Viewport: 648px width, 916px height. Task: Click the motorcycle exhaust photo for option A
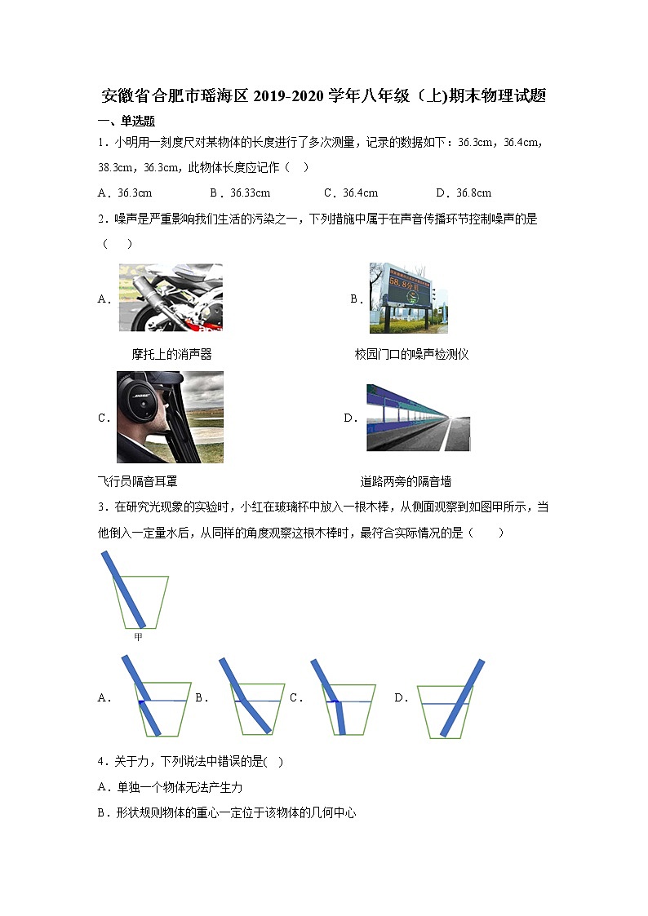tap(170, 298)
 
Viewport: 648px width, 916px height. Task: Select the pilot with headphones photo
tap(170, 417)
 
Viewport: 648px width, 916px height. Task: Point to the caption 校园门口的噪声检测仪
tap(411, 354)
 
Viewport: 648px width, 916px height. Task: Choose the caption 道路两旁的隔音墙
tap(406, 481)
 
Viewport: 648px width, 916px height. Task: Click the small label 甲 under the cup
tap(138, 636)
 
